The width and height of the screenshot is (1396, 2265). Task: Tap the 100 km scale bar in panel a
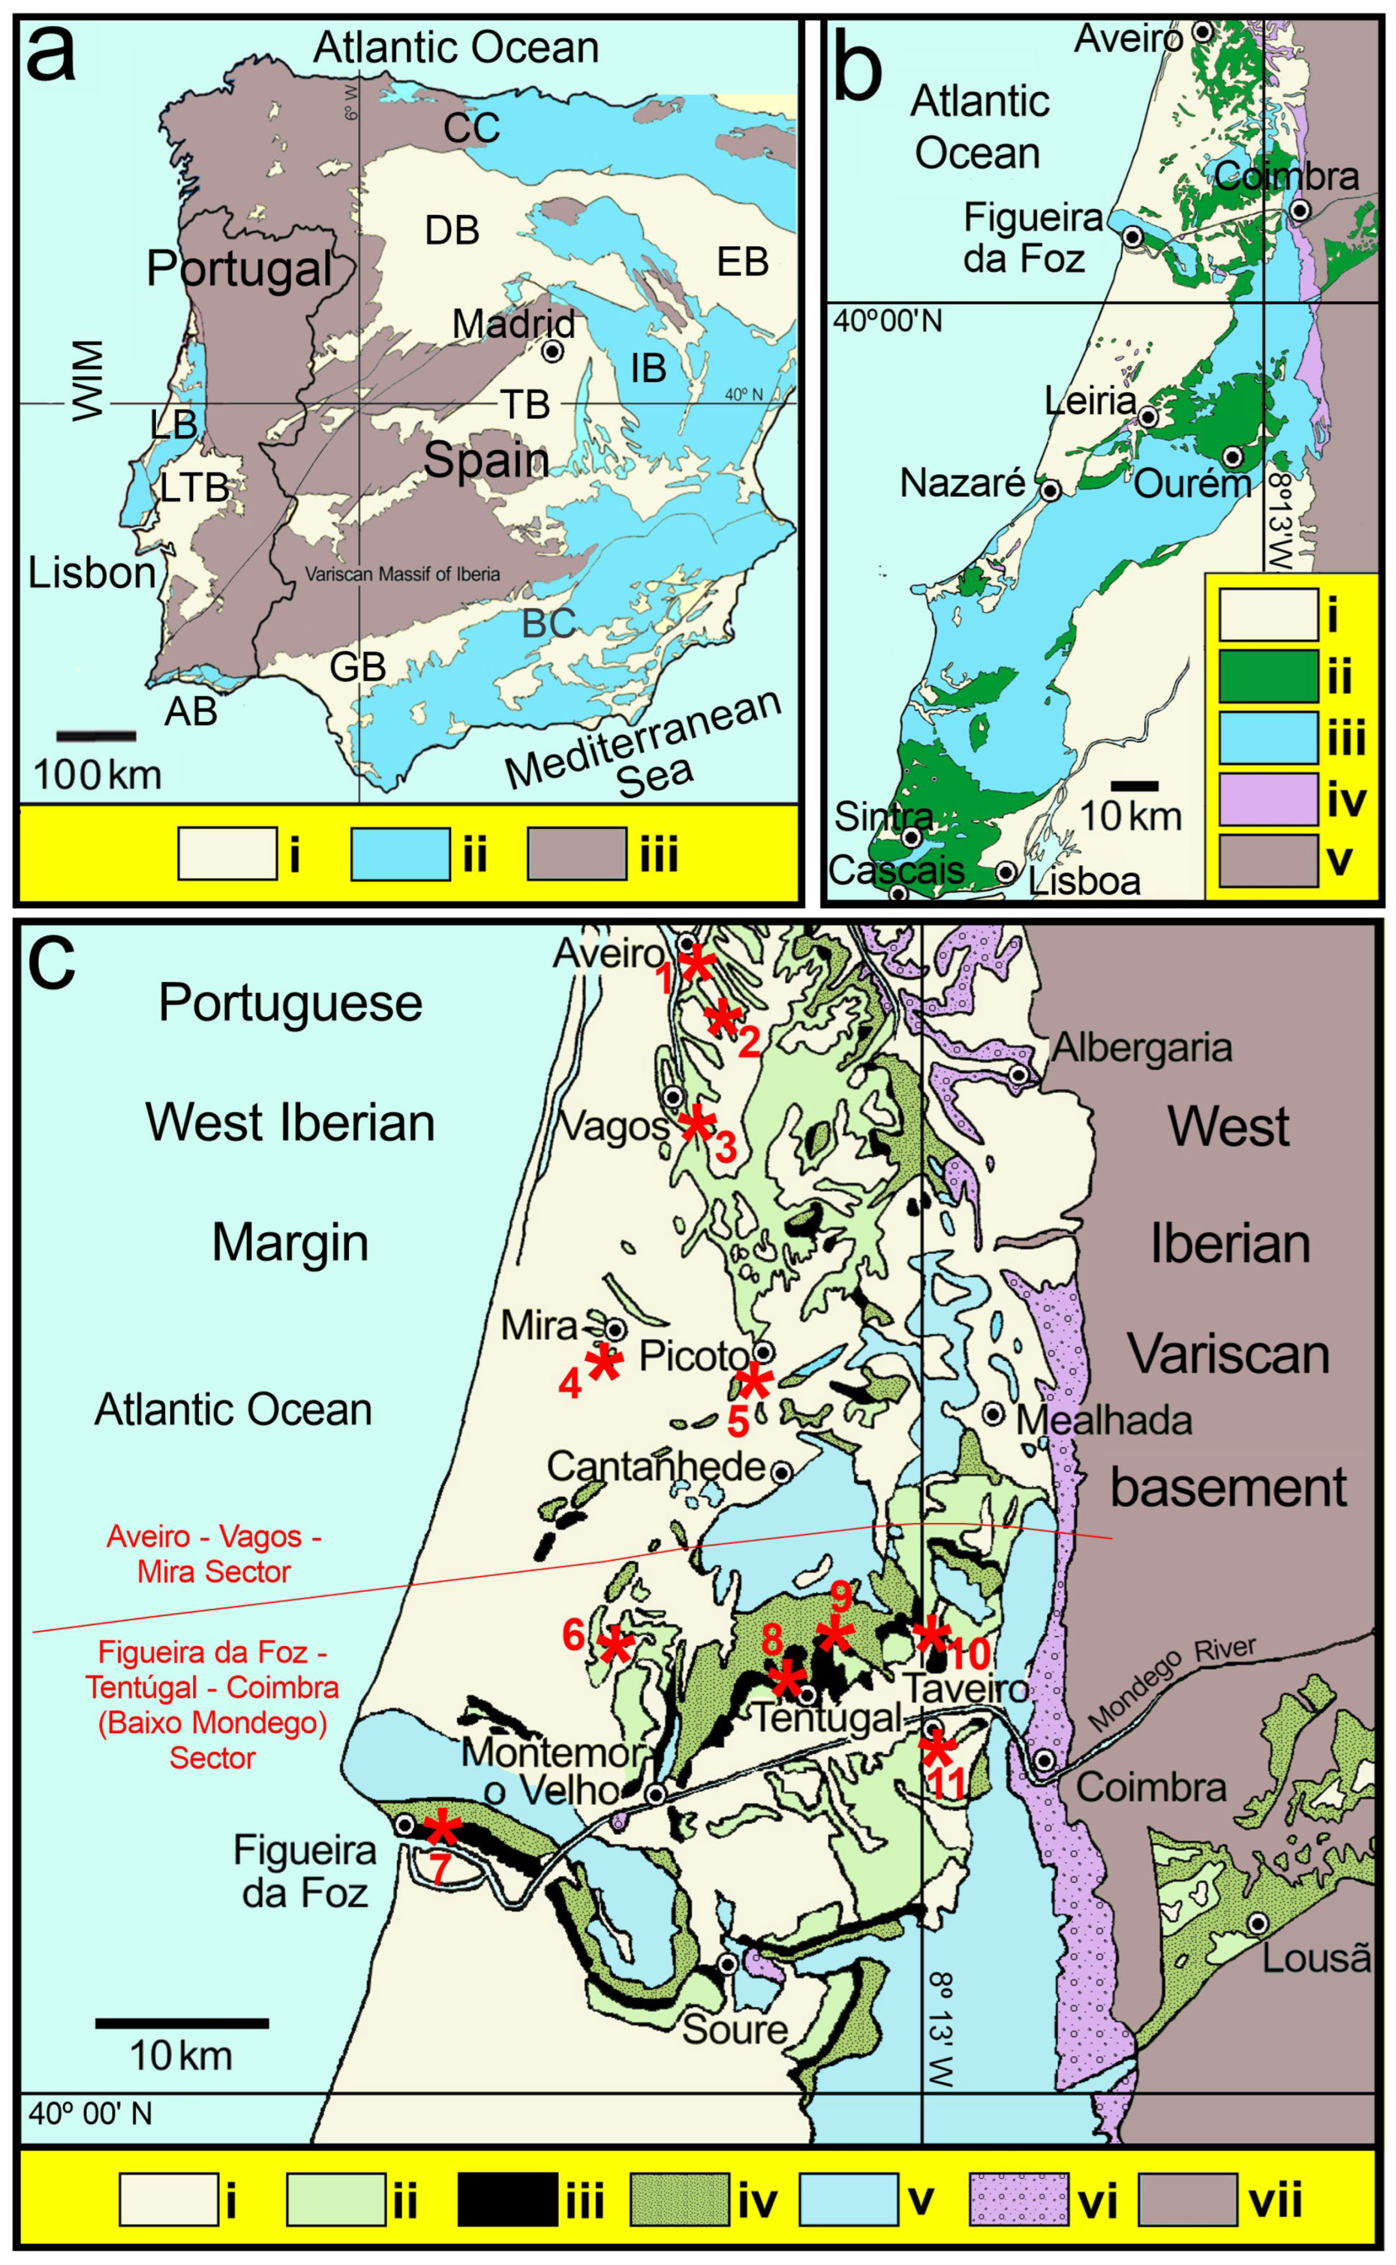coord(96,735)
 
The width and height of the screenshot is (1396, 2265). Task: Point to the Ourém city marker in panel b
coord(1232,456)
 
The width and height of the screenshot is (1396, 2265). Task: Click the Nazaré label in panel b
coord(962,483)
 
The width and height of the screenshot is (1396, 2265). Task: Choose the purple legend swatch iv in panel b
coord(1268,799)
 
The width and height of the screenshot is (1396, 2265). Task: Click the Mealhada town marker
coord(993,1413)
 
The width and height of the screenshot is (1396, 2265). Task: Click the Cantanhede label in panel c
coord(656,1465)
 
